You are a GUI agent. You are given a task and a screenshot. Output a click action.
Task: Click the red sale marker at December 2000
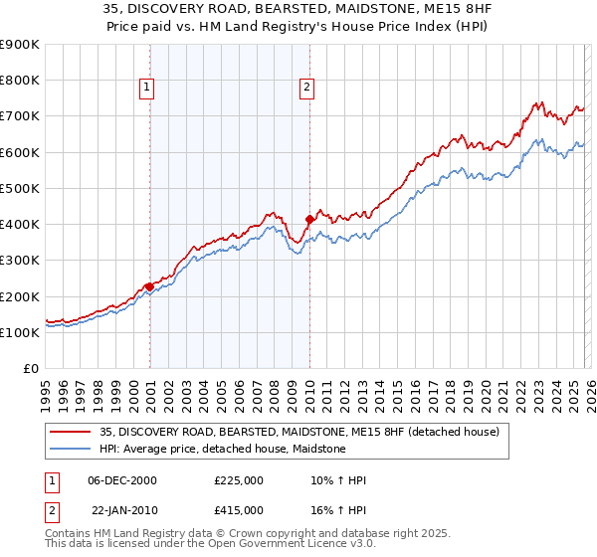[x=149, y=286]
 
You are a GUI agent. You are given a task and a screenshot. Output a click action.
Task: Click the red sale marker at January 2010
[x=309, y=218]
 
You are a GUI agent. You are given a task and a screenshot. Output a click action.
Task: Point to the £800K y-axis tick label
[x=19, y=81]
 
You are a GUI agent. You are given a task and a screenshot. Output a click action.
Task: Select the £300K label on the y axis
[x=19, y=261]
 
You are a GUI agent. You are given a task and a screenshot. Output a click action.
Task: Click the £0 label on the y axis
[x=30, y=369]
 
